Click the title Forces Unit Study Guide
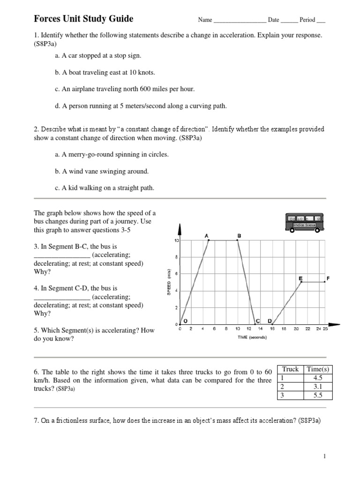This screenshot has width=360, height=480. click(83, 19)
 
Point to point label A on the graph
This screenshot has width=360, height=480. click(207, 235)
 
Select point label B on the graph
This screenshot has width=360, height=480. click(239, 235)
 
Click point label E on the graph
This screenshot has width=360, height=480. click(300, 278)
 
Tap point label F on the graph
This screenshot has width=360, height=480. click(328, 278)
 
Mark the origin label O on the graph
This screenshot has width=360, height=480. click(185, 321)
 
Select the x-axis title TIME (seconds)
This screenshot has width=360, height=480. click(252, 337)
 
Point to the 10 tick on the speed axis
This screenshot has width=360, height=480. click(176, 240)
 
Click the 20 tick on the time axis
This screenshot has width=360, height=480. click(296, 329)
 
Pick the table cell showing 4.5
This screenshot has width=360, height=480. click(318, 378)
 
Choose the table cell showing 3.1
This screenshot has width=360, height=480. click(318, 387)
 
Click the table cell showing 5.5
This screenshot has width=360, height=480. click(318, 395)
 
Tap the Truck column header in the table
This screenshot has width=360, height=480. click(290, 369)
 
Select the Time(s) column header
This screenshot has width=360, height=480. click(318, 369)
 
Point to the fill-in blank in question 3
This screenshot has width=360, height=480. click(62, 255)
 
